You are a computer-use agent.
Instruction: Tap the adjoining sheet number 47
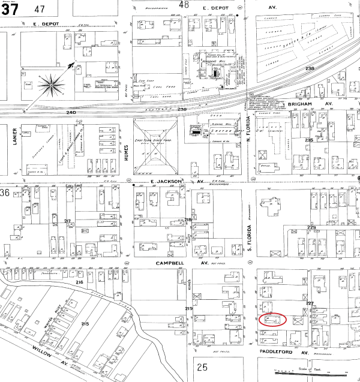[40, 9]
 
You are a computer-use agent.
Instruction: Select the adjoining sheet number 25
[201, 366]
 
